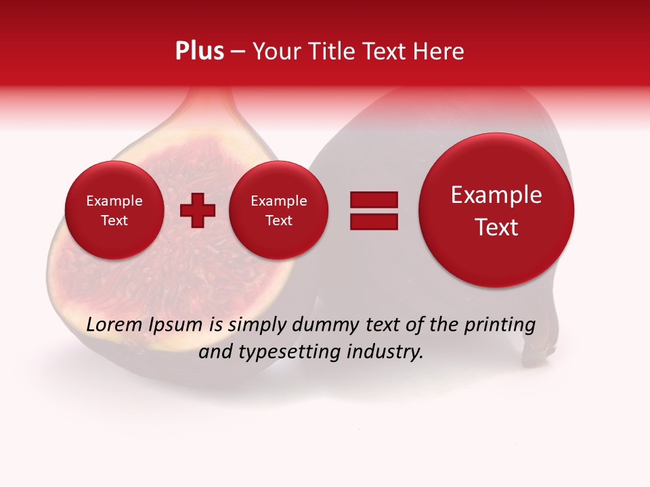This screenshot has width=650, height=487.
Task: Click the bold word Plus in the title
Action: click(199, 51)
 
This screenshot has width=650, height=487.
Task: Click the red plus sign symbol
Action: click(197, 210)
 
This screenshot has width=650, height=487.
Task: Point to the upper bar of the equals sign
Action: click(374, 200)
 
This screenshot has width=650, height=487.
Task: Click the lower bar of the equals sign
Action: click(374, 221)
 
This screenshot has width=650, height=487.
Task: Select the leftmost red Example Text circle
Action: click(114, 210)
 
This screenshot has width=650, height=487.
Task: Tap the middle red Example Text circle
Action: click(278, 210)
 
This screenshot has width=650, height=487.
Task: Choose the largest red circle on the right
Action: click(496, 210)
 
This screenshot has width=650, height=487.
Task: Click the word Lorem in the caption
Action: click(113, 325)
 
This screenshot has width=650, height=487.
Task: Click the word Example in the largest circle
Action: click(496, 195)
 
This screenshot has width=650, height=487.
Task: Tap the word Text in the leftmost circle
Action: click(114, 221)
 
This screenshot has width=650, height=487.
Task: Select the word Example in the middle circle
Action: click(278, 201)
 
